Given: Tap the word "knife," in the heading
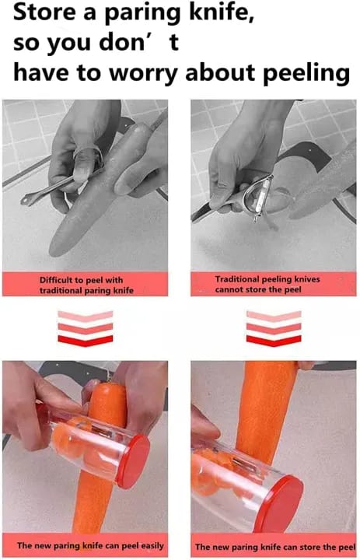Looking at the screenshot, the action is click(222, 13).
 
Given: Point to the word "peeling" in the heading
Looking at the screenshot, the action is click(306, 74).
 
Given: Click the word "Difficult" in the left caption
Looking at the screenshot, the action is click(58, 280).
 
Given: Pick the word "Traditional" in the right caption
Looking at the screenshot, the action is click(237, 279).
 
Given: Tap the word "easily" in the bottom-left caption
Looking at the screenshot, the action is click(152, 546).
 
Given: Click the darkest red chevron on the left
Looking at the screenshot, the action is click(86, 341).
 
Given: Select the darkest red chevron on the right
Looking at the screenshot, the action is click(274, 341).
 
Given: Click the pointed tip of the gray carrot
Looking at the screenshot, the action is click(51, 251).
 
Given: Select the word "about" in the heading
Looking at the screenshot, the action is click(219, 73).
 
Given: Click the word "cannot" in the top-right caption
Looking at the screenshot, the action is click(228, 289).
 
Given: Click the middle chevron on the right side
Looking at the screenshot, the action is click(274, 328).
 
